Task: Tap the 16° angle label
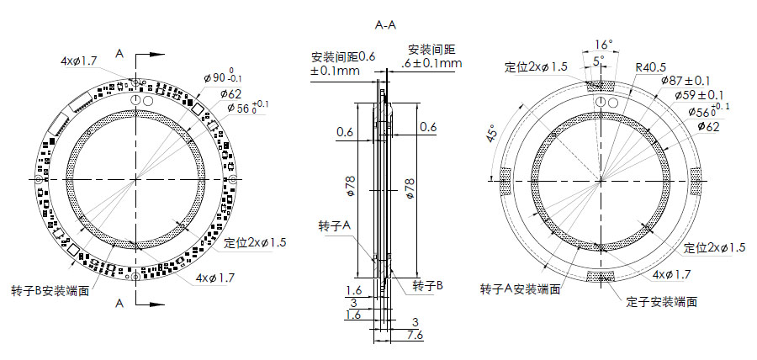(601, 44)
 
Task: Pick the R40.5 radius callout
(651, 67)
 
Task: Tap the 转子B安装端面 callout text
(50, 289)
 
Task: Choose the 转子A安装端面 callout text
(520, 289)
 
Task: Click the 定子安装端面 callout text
(662, 301)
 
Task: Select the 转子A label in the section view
(335, 228)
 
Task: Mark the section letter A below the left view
(119, 300)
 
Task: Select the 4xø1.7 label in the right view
(673, 274)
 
